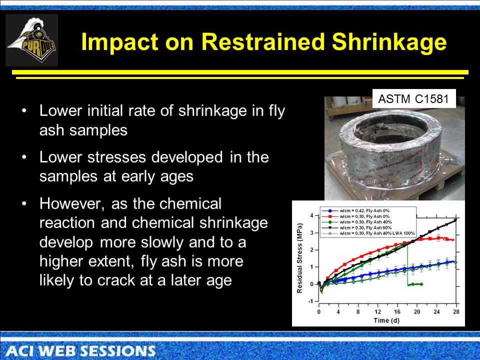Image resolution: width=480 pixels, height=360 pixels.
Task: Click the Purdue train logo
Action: (x=31, y=40)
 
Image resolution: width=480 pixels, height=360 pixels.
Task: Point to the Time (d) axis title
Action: (x=388, y=320)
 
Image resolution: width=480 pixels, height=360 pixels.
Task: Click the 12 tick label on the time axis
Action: (x=378, y=311)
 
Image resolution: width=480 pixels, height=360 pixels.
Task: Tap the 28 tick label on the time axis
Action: (x=455, y=311)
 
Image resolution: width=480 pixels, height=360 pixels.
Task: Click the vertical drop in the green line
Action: (x=408, y=265)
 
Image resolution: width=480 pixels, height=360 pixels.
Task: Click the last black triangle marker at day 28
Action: (x=455, y=220)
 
